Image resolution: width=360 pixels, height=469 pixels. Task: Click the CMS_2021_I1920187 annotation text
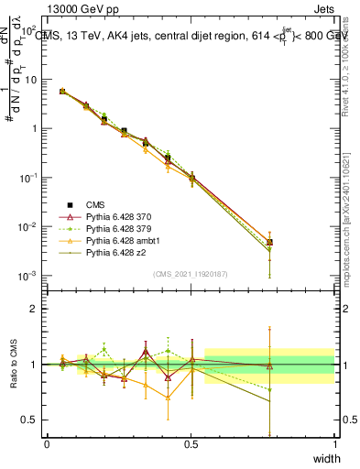click(191, 274)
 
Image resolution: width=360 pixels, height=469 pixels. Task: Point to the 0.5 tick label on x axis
click(191, 443)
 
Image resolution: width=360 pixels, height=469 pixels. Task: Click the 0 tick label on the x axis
click(48, 443)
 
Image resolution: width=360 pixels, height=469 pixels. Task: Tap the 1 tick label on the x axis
click(334, 443)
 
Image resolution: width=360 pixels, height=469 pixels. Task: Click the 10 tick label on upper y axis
click(30, 80)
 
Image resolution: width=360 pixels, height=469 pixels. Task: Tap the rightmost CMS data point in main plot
click(269, 243)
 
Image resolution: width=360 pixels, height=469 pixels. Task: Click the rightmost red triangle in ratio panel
click(269, 366)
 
